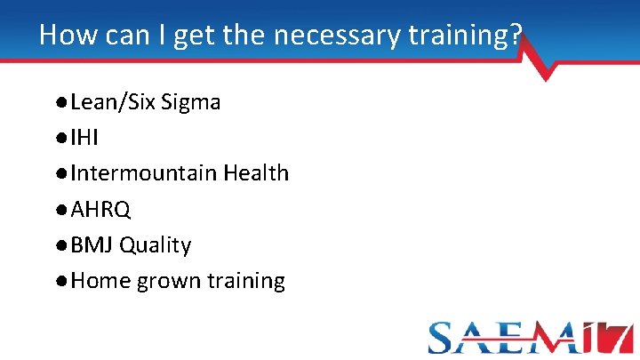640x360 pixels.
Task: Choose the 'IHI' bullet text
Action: point(84,138)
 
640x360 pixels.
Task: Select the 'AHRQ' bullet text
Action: point(100,209)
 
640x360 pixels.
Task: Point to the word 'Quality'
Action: point(156,245)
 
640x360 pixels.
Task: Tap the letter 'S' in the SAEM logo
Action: point(444,339)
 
